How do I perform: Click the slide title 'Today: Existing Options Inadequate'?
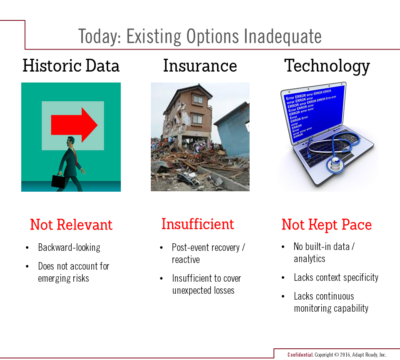tap(200, 37)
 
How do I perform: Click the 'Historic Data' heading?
tap(71, 66)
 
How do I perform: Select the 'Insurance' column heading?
tap(200, 66)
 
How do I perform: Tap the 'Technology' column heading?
tap(327, 66)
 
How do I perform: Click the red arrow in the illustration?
tap(74, 125)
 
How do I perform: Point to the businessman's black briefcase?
tap(58, 181)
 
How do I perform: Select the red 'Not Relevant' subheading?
tap(71, 225)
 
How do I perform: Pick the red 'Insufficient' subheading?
tap(197, 224)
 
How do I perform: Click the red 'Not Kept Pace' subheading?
tap(327, 225)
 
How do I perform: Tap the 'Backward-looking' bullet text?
tap(69, 247)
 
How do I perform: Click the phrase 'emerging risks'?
tap(63, 278)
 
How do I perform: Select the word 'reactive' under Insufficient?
tap(186, 260)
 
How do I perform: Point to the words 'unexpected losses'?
tap(203, 290)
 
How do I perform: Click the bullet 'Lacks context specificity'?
tap(336, 277)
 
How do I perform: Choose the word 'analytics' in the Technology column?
tap(310, 259)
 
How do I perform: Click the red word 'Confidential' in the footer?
tap(300, 355)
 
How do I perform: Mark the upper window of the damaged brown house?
tap(197, 99)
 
